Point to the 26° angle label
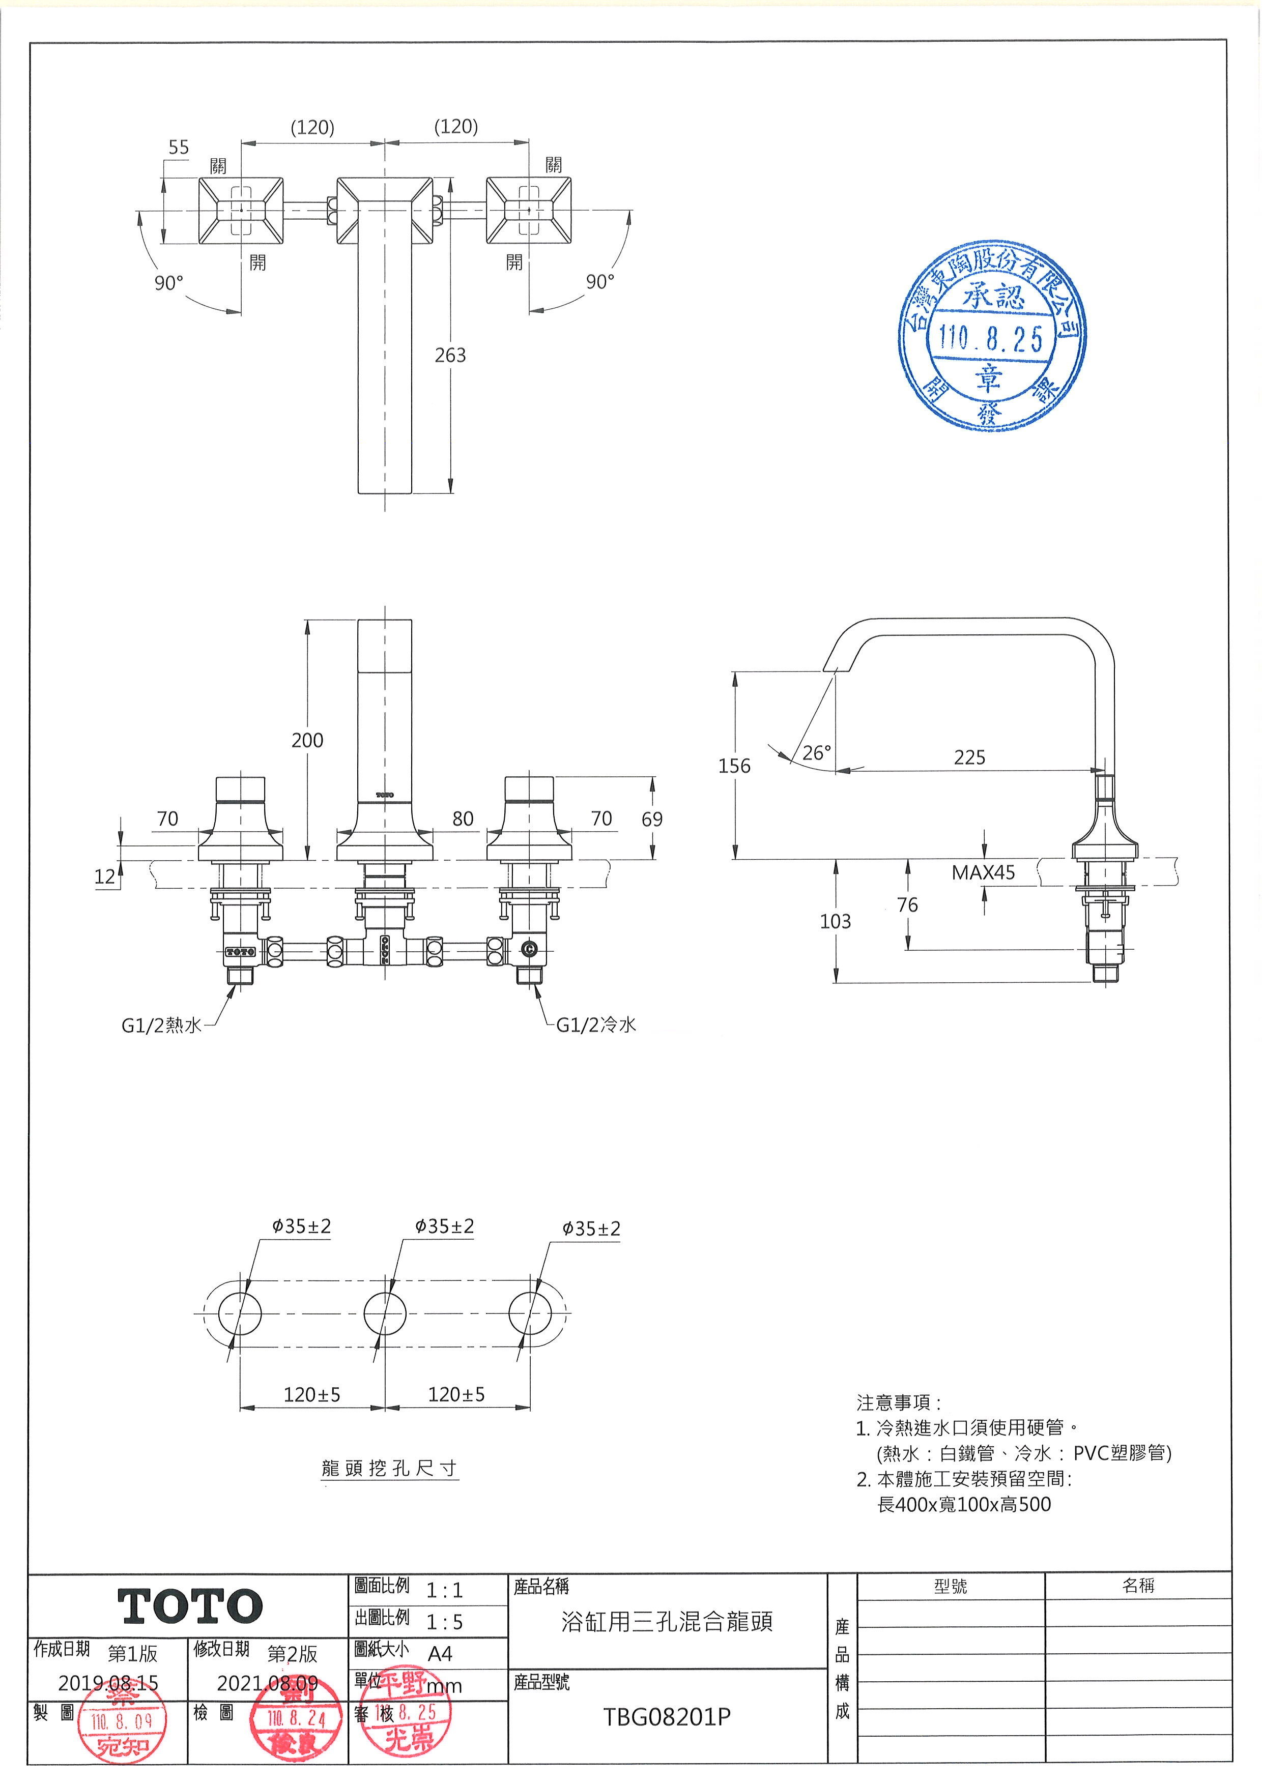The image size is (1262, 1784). click(x=816, y=752)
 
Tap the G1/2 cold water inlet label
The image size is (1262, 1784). click(x=596, y=1025)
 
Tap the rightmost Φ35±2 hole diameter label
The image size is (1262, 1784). click(x=591, y=1229)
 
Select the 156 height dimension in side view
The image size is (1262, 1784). click(x=734, y=766)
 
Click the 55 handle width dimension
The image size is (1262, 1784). click(x=179, y=148)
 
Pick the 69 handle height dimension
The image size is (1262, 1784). click(x=652, y=819)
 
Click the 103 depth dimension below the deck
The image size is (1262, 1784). click(x=836, y=922)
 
